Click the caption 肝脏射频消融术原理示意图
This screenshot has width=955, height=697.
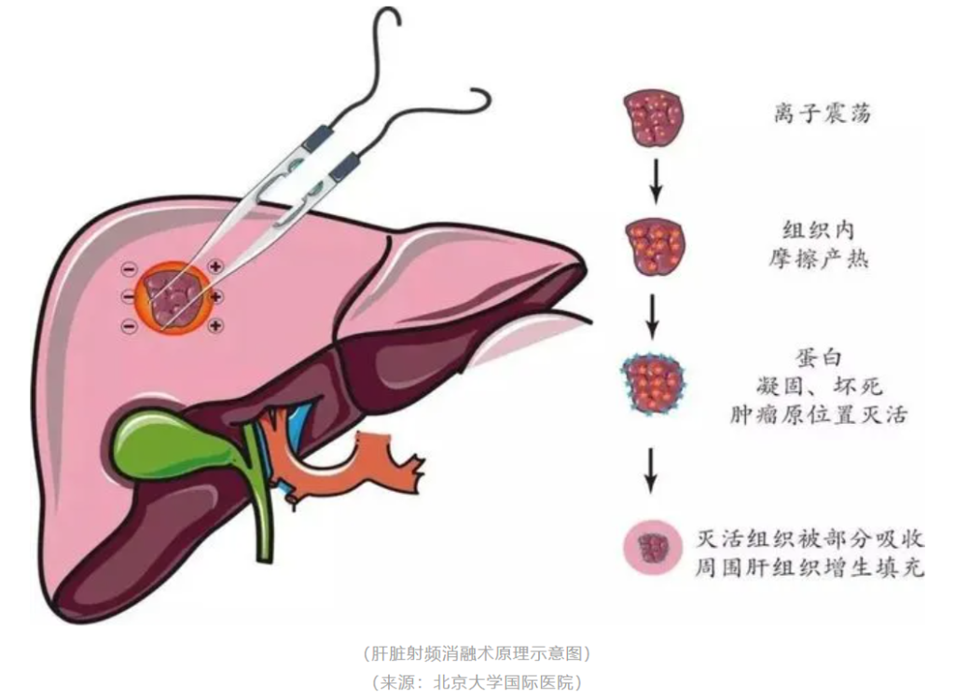477,651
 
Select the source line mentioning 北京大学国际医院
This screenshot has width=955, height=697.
477,681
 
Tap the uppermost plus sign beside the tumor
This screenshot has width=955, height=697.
215,266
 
